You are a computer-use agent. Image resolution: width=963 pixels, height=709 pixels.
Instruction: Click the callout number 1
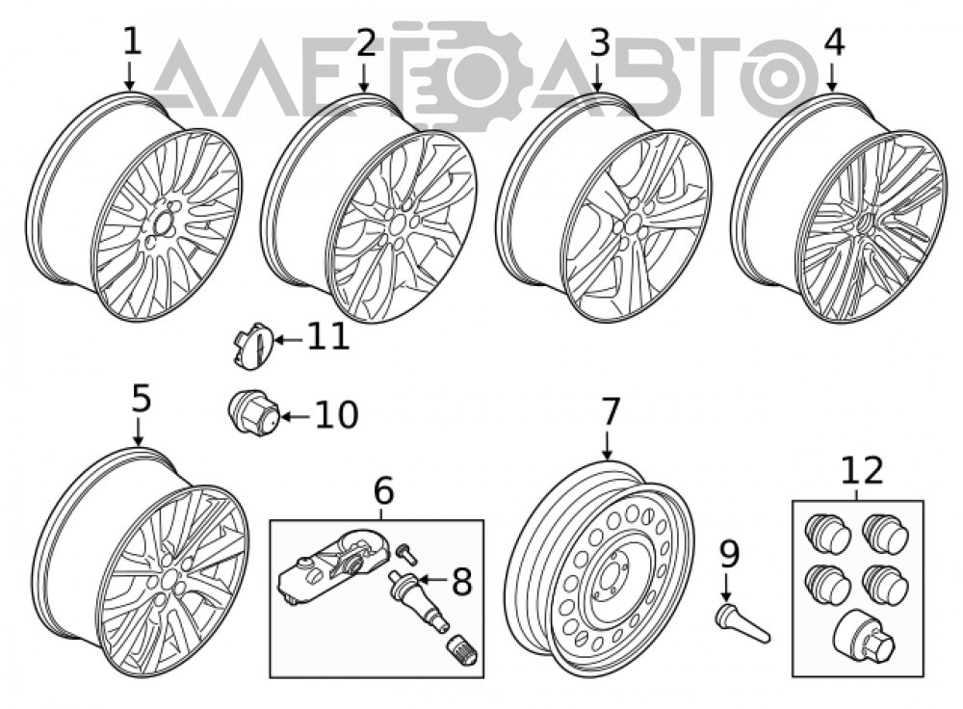[132, 41]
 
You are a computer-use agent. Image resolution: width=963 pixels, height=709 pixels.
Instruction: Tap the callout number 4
[833, 42]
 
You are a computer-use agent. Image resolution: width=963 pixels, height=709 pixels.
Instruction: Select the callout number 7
[609, 411]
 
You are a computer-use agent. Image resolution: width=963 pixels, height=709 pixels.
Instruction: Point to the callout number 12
[861, 470]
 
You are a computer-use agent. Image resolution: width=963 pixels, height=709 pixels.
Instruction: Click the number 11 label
[327, 337]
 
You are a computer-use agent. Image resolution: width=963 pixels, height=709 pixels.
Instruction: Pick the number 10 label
[336, 415]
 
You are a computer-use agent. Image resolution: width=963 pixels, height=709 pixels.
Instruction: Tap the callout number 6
[383, 491]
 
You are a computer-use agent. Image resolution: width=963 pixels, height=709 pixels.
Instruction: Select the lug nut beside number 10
[253, 413]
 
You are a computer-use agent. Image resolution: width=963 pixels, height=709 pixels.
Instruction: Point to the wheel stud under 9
[742, 623]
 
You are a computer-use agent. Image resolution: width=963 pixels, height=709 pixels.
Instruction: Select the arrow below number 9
[726, 587]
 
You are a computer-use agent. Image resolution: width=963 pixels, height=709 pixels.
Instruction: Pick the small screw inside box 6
[406, 553]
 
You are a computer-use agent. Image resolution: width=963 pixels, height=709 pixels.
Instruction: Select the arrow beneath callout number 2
[364, 78]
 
